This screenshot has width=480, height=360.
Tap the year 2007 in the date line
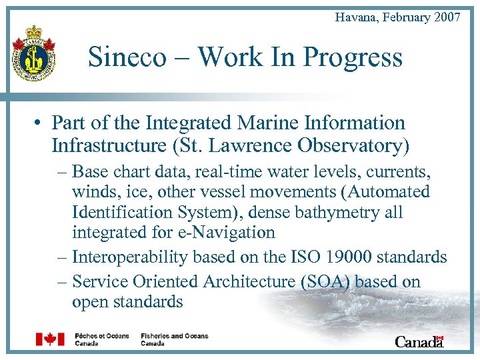(x=447, y=17)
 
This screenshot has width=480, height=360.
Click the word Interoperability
(x=133, y=257)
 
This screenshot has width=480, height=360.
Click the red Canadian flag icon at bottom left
(x=49, y=339)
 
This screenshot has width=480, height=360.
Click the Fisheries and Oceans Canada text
(x=174, y=339)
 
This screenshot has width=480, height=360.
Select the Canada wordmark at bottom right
(x=419, y=341)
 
